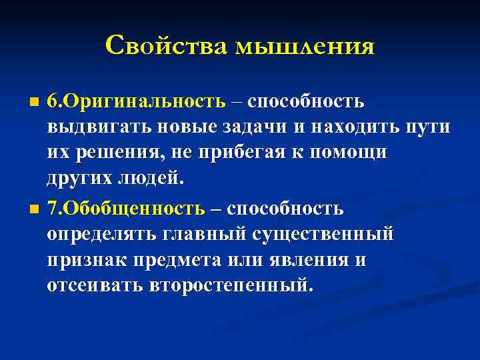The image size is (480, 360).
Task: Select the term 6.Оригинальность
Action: pyautogui.click(x=136, y=101)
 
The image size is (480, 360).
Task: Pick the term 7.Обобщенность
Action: pyautogui.click(x=126, y=209)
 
